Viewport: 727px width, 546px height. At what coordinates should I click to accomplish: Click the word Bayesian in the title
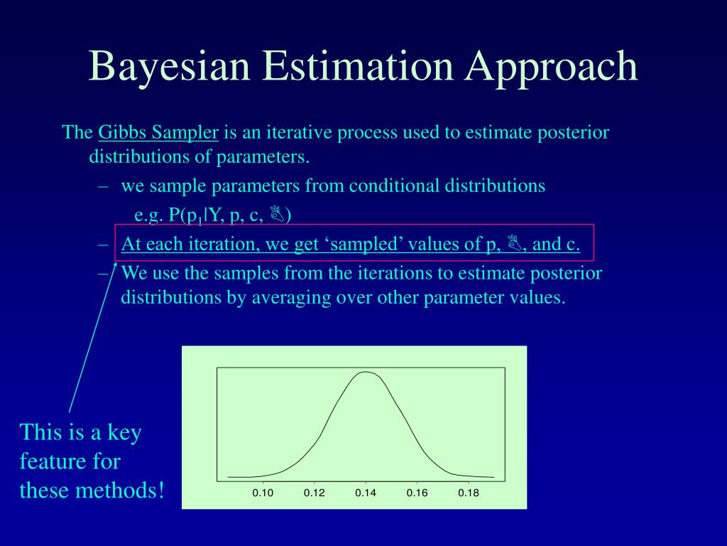[x=169, y=66]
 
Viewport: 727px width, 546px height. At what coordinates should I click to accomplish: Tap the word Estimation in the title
[x=358, y=65]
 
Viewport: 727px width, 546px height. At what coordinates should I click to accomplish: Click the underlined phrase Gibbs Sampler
[x=158, y=133]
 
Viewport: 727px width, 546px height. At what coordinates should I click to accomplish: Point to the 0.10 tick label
[x=263, y=493]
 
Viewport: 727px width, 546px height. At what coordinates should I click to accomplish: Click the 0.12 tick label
[x=315, y=493]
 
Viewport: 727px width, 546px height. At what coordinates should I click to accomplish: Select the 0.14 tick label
[x=366, y=493]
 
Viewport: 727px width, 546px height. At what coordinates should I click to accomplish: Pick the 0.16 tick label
[x=417, y=493]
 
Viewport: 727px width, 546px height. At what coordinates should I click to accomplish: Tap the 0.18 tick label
[x=469, y=493]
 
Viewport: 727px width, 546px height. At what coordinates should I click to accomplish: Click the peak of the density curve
[x=366, y=372]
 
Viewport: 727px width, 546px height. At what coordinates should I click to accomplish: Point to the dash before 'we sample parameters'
[x=104, y=186]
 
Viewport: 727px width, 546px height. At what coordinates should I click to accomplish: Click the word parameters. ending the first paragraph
[x=263, y=157]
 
